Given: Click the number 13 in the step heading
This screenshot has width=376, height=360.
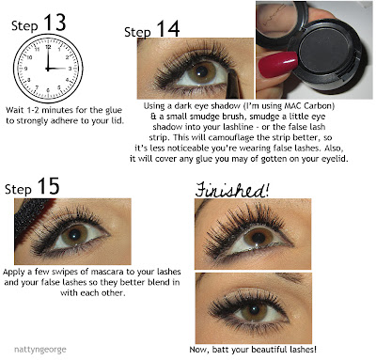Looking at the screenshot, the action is tap(55, 23).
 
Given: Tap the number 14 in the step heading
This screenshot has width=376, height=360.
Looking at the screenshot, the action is tap(168, 29).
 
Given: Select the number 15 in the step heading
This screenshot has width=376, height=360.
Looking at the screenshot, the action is tap(48, 186).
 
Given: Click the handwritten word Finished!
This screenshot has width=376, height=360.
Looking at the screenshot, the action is tap(232, 190).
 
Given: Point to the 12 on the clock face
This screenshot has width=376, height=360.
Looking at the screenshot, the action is tap(48, 47).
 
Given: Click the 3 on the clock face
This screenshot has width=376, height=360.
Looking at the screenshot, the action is tap(70, 69).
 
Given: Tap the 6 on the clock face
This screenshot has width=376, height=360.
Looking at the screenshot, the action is tap(48, 90).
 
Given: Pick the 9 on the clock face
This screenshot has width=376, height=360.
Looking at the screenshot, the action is tap(25, 69).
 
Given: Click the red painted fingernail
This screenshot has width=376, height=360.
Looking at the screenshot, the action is tap(277, 63).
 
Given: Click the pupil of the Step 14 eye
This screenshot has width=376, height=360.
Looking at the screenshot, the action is tap(202, 71).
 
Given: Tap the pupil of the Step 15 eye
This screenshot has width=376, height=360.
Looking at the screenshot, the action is tap(75, 234).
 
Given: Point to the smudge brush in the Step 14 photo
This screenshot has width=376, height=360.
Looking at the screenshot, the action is tap(233, 84).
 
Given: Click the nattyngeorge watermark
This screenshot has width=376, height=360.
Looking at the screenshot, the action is tap(40, 349).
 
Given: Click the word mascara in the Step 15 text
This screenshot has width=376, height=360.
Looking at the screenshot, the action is tap(107, 272).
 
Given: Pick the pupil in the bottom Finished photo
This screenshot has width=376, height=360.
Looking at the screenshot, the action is tap(254, 310).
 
